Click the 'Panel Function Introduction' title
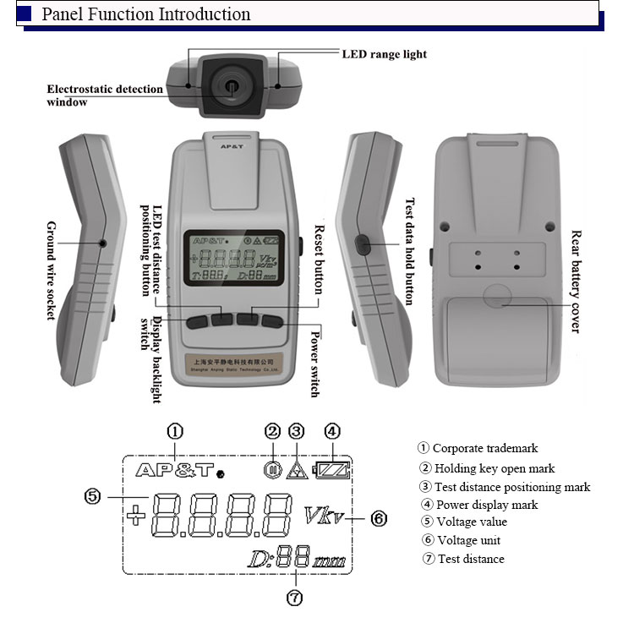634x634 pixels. [x=146, y=14]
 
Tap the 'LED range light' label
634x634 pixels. [x=385, y=54]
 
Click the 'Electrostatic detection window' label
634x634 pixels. [x=104, y=96]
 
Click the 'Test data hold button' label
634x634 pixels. [x=411, y=251]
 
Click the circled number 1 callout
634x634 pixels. [x=175, y=431]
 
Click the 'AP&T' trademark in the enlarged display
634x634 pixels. [x=173, y=470]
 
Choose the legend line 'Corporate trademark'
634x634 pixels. [x=478, y=448]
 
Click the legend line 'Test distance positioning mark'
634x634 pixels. [x=504, y=487]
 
